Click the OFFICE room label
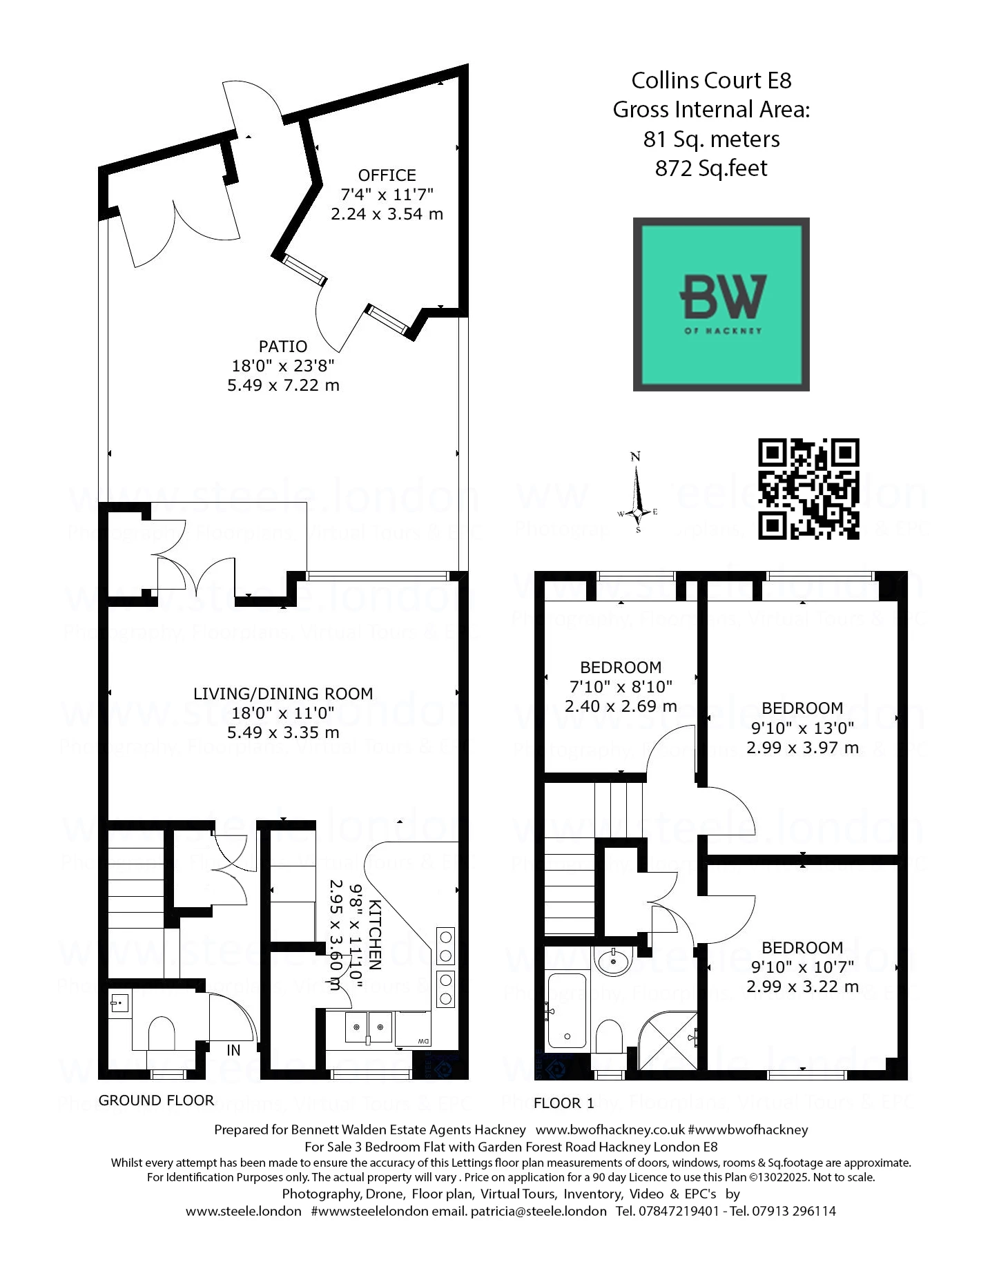(387, 175)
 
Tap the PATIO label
(283, 347)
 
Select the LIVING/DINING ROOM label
(283, 694)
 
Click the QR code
(808, 489)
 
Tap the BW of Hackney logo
(721, 304)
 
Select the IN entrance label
(233, 1050)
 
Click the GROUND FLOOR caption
(156, 1100)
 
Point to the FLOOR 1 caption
(563, 1103)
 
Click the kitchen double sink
(369, 1027)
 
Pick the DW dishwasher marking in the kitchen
(423, 1042)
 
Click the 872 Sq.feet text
(711, 168)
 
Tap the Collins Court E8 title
(711, 81)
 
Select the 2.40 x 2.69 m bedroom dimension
(621, 706)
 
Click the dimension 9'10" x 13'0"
(802, 728)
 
